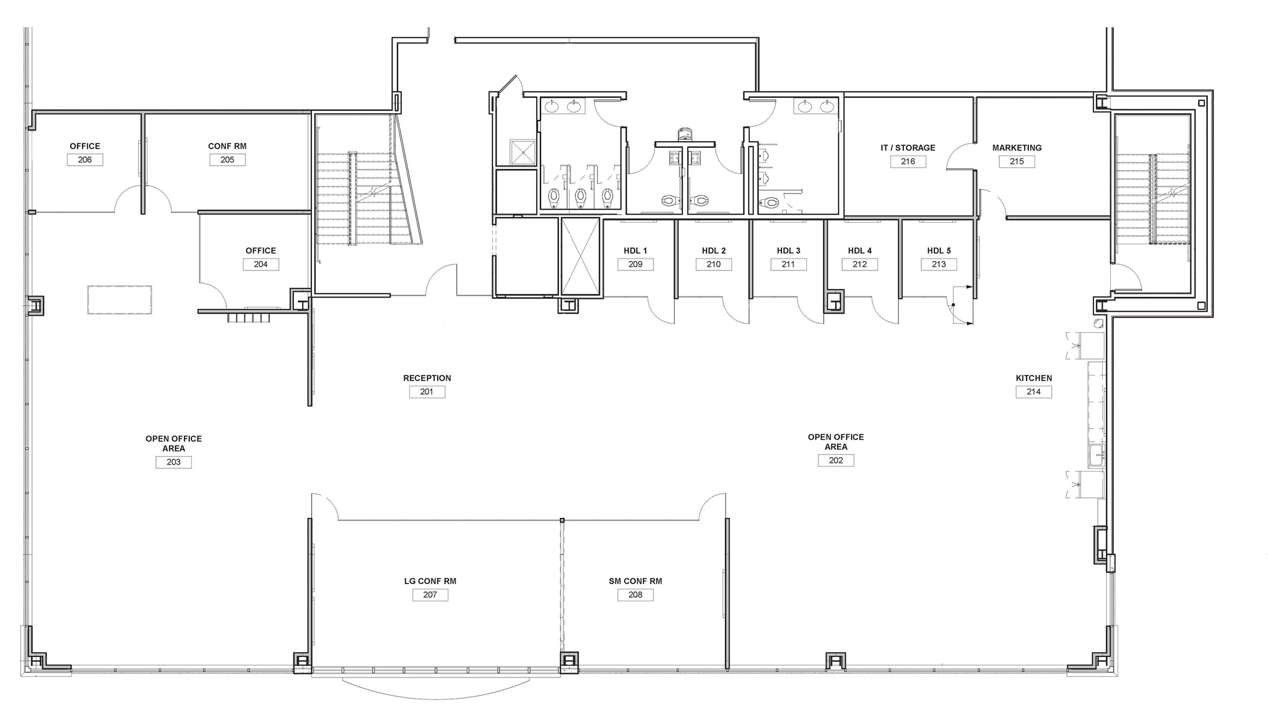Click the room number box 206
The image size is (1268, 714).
click(85, 160)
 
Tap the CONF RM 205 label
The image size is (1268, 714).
click(227, 147)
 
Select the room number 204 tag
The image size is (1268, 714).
click(261, 264)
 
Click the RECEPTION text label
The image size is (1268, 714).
click(427, 378)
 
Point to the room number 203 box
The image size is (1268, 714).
click(173, 462)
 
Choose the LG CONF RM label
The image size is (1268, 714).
click(430, 581)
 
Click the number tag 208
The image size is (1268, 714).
click(635, 595)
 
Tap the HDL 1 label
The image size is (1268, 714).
click(635, 251)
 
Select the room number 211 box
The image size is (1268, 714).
click(788, 264)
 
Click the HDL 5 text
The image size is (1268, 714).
click(939, 251)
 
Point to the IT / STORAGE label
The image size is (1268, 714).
click(908, 148)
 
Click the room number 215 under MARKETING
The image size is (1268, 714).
click(1017, 161)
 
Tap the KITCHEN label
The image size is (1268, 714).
click(1033, 378)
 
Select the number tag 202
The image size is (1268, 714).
click(836, 460)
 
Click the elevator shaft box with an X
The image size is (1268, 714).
click(580, 256)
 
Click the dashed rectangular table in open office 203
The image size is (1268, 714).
click(119, 299)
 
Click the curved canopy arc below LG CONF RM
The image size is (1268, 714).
click(436, 694)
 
